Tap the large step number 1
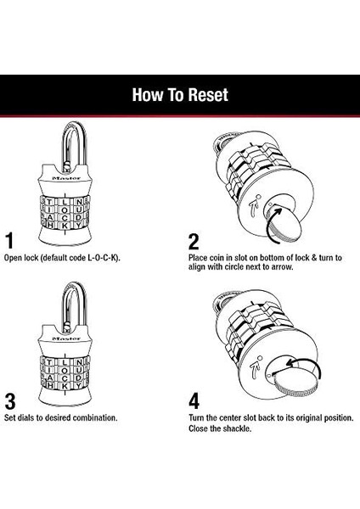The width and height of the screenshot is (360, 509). (10, 241)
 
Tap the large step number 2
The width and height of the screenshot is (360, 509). (194, 242)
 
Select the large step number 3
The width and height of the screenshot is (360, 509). (10, 401)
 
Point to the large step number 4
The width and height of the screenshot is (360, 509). (194, 401)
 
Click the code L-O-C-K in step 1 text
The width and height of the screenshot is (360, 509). (102, 258)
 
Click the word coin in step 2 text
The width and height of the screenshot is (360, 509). (217, 258)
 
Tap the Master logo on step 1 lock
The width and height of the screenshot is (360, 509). (66, 178)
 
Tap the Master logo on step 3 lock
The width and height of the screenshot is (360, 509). (66, 338)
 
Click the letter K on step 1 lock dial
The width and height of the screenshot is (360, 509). (65, 226)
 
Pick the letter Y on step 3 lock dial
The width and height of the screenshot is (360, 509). (78, 386)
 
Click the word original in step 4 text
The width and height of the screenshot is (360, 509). (309, 418)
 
